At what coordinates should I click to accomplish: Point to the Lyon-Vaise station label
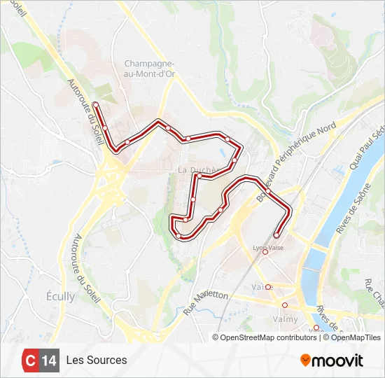point(266,247)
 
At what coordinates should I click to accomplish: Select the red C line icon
point(30,360)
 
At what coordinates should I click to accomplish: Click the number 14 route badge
point(49,360)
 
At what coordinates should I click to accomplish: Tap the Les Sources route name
point(97,360)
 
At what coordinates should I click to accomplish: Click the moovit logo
point(332,360)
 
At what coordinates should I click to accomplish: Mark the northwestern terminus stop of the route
point(96,106)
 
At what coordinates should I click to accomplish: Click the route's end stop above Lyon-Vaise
point(276,235)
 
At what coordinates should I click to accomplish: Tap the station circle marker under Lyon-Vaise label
point(265,253)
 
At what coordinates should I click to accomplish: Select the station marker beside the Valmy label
point(284,305)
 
